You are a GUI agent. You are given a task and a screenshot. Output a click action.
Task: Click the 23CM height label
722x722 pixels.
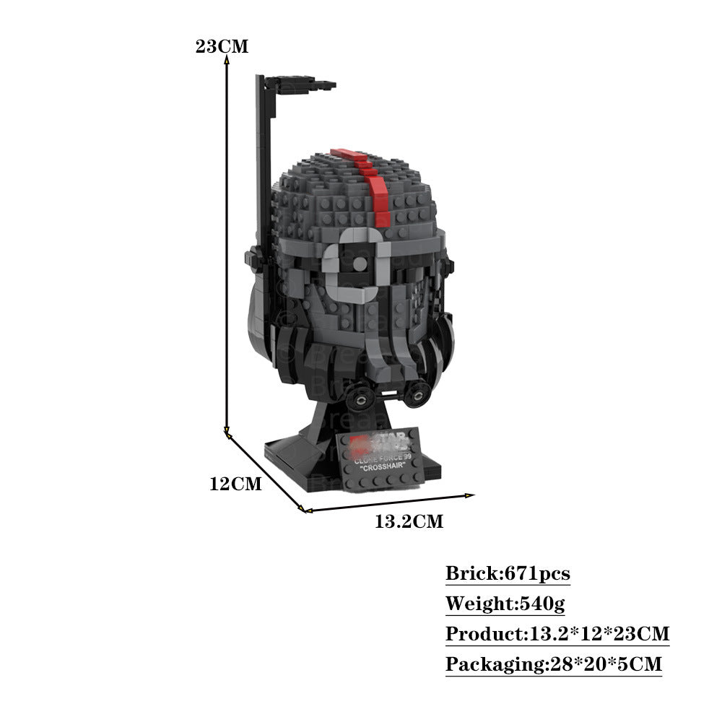[x=222, y=46]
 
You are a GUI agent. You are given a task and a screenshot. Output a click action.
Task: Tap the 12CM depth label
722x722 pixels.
[x=235, y=484]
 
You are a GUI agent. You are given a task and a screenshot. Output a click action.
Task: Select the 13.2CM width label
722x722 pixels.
[x=409, y=521]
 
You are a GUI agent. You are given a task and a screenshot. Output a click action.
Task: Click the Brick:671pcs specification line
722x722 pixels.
[x=508, y=574]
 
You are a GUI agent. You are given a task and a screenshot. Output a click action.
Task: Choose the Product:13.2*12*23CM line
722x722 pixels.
[x=557, y=634]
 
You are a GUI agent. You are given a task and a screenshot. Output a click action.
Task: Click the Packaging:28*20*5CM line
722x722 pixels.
[x=554, y=664]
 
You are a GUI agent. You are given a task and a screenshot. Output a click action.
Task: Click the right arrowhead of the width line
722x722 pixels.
[x=470, y=495]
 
